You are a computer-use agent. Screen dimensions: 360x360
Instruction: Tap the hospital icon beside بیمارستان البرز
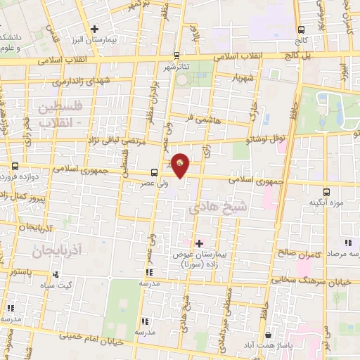pos(94,28)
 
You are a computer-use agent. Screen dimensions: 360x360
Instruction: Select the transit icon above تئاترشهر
pos(176,55)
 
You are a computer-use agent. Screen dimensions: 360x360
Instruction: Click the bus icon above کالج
pos(301,30)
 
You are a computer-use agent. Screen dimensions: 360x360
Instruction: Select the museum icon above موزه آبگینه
pos(326,191)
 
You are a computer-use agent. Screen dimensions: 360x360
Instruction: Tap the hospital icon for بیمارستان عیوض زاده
pos(199,243)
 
